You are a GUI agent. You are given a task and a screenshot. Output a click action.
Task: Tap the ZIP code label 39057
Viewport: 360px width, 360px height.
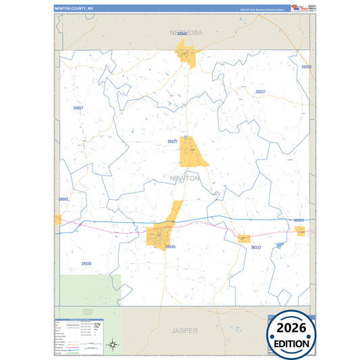(x=78, y=108)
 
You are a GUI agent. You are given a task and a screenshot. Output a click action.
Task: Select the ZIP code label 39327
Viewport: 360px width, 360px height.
(x=172, y=142)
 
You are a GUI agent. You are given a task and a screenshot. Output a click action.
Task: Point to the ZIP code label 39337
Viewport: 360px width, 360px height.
(x=261, y=91)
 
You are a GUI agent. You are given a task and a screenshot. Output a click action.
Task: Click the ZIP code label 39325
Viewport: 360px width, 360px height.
(x=306, y=68)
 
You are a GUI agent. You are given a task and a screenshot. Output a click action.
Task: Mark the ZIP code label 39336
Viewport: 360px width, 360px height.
(x=86, y=263)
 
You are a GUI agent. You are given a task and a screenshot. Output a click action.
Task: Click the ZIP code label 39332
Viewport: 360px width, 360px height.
(x=256, y=248)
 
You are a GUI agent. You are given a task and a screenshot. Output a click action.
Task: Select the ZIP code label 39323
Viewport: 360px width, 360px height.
(x=299, y=220)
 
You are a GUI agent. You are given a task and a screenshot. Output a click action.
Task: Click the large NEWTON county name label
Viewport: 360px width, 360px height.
(x=184, y=178)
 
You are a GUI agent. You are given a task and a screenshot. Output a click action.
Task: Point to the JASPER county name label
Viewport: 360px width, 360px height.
(x=184, y=331)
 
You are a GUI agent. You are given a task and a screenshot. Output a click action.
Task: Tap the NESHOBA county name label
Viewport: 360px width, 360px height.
(x=184, y=32)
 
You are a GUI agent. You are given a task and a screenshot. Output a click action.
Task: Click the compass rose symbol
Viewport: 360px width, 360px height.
(x=114, y=345)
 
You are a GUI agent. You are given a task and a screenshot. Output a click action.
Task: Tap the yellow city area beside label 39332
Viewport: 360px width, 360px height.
(x=244, y=238)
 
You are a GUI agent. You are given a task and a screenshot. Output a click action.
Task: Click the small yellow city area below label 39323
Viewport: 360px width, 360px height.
(x=300, y=230)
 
